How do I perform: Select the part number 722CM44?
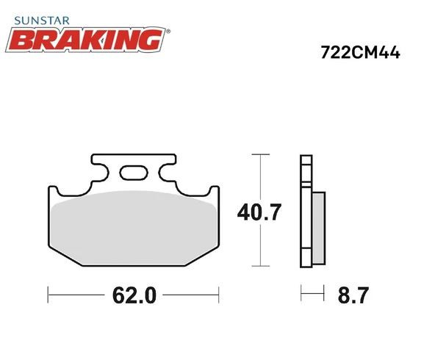coord(359,53)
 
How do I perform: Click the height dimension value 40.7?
coord(259,213)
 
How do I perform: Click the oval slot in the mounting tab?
coord(134,173)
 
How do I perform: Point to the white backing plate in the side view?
coord(305,213)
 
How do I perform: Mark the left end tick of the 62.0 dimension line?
coord(48,295)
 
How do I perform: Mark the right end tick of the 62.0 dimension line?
coord(219,295)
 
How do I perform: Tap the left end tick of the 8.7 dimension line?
coord(301,295)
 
